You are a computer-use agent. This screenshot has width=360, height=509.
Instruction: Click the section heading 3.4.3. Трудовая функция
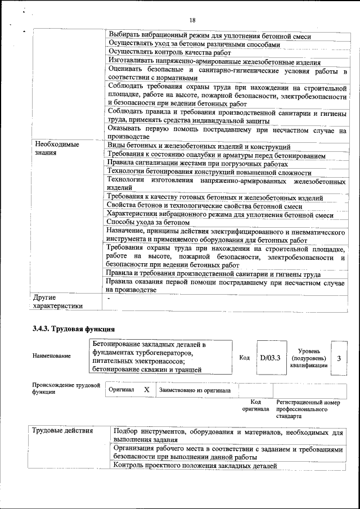74,328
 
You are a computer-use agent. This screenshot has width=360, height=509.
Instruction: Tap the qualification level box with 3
339,358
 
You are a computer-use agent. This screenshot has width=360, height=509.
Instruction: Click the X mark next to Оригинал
146,389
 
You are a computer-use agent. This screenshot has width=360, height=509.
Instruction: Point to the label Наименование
52,355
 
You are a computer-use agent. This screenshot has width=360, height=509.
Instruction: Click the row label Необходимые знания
55,148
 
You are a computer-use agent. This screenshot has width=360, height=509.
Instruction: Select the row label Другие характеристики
57,301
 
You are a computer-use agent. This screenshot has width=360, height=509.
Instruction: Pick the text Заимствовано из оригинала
195,390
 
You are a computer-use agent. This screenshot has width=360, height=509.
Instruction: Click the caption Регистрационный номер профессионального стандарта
308,409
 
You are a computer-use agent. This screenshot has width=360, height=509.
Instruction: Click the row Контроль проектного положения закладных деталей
195,466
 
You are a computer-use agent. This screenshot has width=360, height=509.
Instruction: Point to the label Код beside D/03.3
245,358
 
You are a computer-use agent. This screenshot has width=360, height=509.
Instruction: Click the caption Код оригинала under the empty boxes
255,405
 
